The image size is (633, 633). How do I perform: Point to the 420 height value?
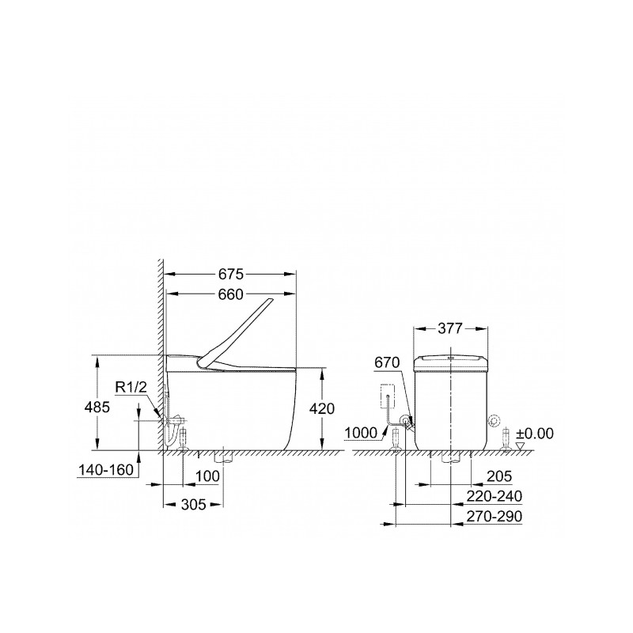click(x=323, y=409)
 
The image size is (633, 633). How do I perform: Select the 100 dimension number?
click(x=207, y=476)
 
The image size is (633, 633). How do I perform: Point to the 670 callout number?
click(x=385, y=362)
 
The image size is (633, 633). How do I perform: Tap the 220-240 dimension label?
click(x=494, y=496)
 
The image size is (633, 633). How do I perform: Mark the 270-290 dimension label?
click(x=494, y=516)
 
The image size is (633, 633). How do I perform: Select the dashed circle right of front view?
click(x=496, y=420)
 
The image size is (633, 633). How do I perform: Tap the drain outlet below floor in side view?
click(x=223, y=457)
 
